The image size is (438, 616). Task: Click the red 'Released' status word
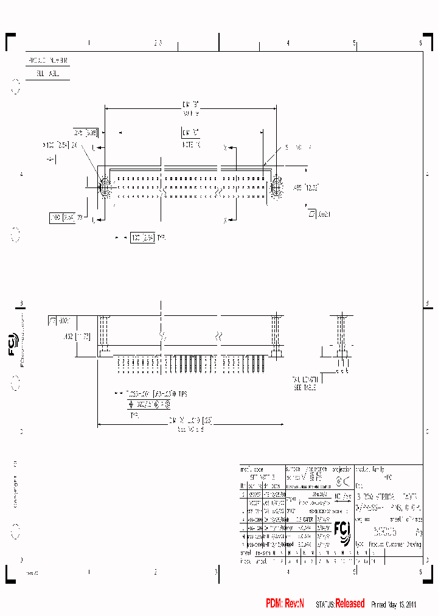[350, 603]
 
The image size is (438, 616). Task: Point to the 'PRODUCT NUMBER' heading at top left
[48, 61]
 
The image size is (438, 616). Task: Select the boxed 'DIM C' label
[190, 132]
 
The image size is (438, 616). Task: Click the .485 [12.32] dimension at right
[305, 187]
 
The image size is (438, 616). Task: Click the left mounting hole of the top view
[103, 186]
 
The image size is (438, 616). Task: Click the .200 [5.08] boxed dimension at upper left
[85, 132]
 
